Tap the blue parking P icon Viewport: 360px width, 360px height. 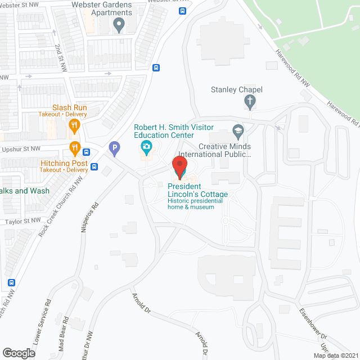coord(114,150)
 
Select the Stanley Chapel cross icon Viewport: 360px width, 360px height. coord(250,102)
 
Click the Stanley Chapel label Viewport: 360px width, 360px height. coord(236,89)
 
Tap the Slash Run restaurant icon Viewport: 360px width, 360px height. coord(74,126)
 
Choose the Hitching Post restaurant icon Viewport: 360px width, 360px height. coord(74,148)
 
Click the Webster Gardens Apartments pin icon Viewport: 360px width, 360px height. coord(118,24)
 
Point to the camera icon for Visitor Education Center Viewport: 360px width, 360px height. coord(146,148)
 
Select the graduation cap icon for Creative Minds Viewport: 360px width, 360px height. coord(238,132)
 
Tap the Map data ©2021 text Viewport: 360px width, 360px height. coord(335,355)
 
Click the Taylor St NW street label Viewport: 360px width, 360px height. coord(23,221)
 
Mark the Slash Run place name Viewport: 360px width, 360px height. coord(70,107)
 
